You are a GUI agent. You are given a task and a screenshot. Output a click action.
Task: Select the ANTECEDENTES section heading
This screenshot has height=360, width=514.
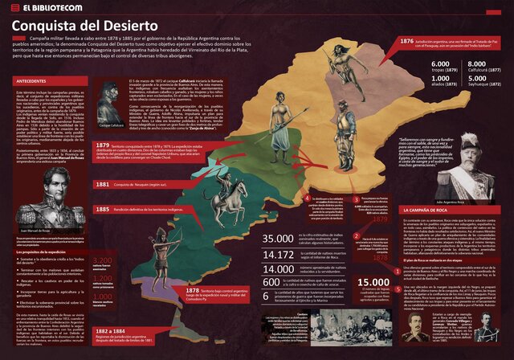tap(31, 81)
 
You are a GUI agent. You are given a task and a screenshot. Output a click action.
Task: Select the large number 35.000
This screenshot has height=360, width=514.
tap(278, 239)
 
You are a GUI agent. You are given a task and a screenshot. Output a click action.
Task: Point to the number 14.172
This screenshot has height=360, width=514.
tap(278, 255)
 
